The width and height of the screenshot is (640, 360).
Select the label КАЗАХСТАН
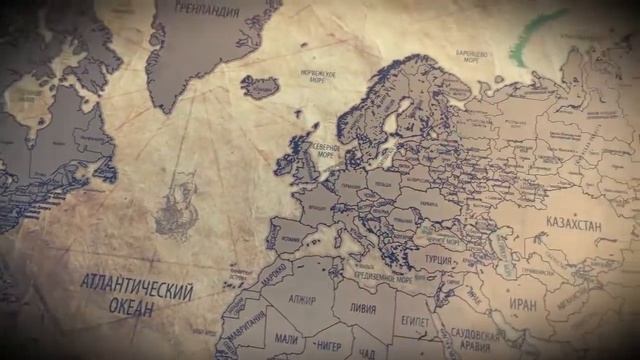click(573, 226)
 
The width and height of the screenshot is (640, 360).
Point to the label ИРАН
click(522, 303)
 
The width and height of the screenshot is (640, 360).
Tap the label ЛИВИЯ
click(362, 307)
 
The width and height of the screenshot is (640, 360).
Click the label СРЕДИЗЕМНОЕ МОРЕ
click(375, 271)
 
